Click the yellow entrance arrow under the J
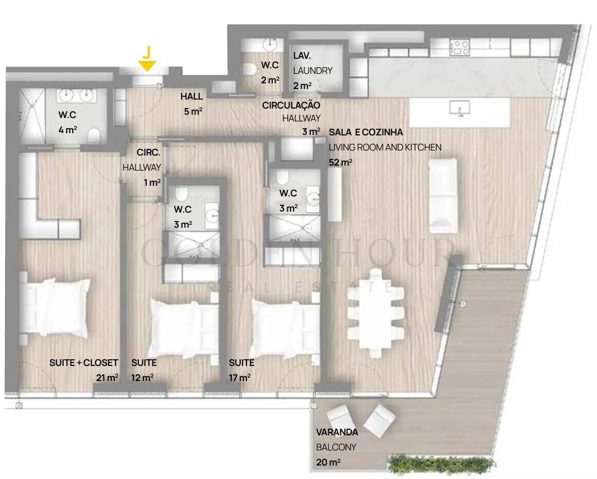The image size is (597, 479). pos(147,66)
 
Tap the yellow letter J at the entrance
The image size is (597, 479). pos(147,52)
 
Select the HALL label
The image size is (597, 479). pos(192,96)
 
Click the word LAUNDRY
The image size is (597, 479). pos(313,71)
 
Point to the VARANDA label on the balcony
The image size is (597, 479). pos(337,432)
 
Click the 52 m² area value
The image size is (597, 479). pos(341,162)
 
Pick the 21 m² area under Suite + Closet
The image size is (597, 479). pos(107,377)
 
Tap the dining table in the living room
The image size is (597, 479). pos(376,313)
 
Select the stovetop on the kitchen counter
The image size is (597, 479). pos(460,48)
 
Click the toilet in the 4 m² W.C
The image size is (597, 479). pos(94,135)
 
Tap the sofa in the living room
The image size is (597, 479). pos(443,196)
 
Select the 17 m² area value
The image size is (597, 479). pos(240,377)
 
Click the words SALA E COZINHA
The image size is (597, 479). pos(366,132)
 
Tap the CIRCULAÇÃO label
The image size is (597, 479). pos(291,105)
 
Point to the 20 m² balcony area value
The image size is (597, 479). pos(328,462)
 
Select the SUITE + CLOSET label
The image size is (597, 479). pos(84,363)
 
